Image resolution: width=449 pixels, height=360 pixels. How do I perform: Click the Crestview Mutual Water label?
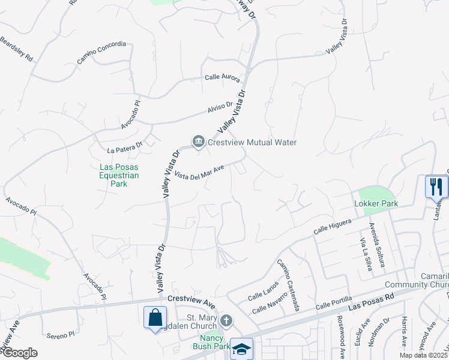(253, 142)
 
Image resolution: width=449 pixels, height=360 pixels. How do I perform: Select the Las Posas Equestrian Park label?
(119, 175)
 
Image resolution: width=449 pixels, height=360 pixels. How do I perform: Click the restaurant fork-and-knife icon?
(436, 187)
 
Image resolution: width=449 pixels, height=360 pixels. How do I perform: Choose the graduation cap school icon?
(241, 349)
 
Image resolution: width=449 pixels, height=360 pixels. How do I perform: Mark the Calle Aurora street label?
(222, 78)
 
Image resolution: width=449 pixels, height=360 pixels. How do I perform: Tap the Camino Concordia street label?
(101, 52)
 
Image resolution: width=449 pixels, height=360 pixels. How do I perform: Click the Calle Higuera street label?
(332, 226)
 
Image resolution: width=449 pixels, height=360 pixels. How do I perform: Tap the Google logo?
(19, 353)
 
